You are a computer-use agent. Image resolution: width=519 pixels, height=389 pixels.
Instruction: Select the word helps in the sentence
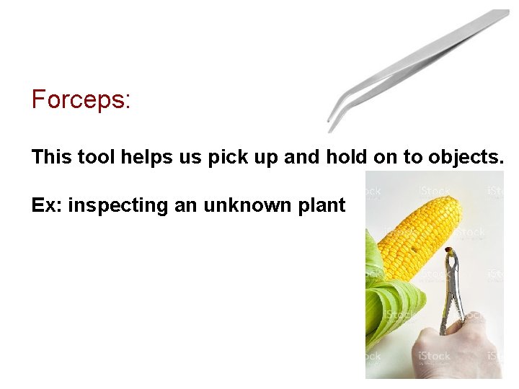[x=141, y=157]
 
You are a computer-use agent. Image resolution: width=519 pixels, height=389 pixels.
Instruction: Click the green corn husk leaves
[x=389, y=303]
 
